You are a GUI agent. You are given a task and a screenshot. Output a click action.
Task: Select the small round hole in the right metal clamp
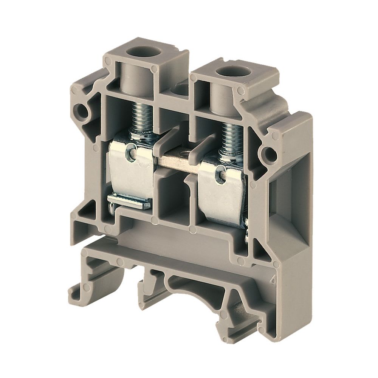[x=218, y=175]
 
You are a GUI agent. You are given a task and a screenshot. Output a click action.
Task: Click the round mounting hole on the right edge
[x=270, y=153]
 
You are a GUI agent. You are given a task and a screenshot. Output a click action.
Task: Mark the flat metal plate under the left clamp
[x=130, y=202]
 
